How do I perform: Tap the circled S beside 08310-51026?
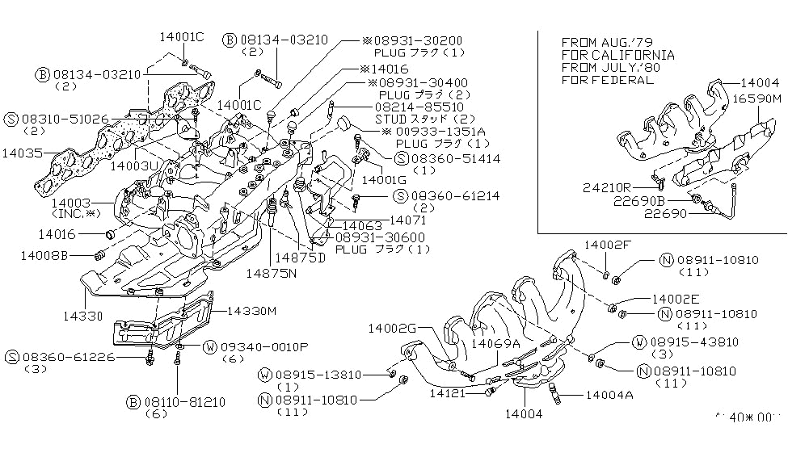(11, 118)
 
